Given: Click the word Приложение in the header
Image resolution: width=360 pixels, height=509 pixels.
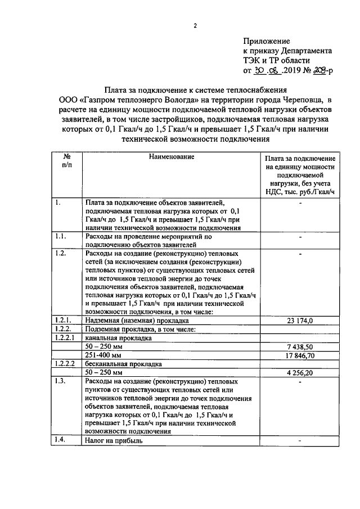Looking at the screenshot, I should click(267, 41).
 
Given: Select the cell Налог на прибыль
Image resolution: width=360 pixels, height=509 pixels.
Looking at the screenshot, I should click(114, 441).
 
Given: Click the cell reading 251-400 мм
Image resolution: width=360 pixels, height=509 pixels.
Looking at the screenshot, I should click(103, 356).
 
